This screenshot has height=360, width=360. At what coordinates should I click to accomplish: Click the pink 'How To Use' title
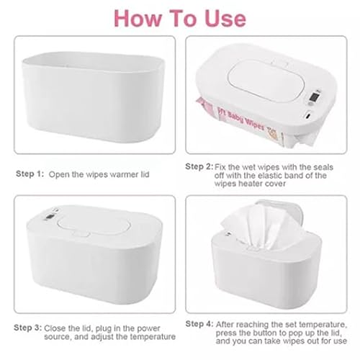pyautogui.click(x=179, y=17)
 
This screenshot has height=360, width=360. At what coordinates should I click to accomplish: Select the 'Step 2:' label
pyautogui.click(x=199, y=166)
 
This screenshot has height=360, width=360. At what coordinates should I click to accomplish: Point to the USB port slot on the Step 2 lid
pyautogui.click(x=309, y=114)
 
